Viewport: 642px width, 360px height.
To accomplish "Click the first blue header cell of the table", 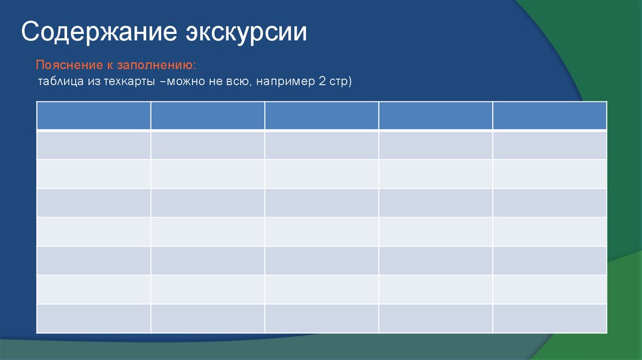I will click(93, 115).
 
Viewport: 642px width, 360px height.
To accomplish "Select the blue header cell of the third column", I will click(321, 115).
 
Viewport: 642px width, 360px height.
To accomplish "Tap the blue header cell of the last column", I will click(549, 115).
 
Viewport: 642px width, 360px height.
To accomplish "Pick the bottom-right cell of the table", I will click(549, 318).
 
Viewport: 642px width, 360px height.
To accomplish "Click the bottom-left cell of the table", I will click(93, 318).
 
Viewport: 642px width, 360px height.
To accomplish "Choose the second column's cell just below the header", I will click(208, 145).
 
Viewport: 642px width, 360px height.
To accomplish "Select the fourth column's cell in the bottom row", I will click(435, 318).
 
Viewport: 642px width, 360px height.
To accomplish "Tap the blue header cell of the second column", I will click(208, 115).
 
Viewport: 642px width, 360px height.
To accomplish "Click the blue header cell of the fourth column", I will click(435, 115).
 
